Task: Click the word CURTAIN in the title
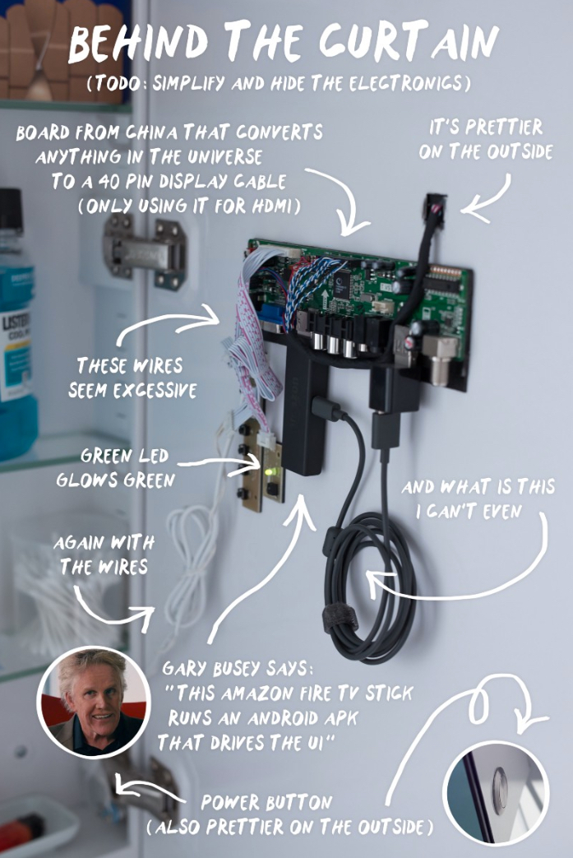click(x=409, y=42)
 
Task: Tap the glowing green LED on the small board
click(x=269, y=471)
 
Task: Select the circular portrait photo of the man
click(x=94, y=702)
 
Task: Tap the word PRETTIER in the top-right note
click(x=502, y=128)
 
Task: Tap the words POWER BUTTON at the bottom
click(x=267, y=802)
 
